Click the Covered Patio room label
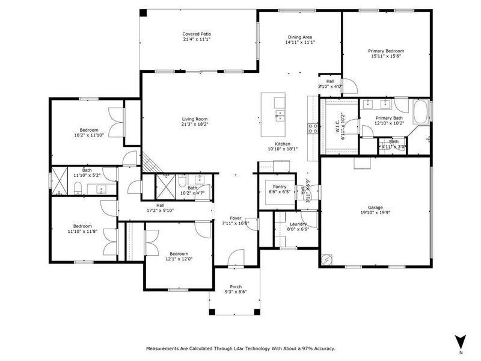click(x=197, y=34)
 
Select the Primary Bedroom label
click(x=385, y=51)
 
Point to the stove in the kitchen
click(x=313, y=128)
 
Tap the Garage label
click(x=375, y=206)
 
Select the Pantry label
click(x=279, y=187)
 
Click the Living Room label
click(x=195, y=119)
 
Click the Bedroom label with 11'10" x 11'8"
click(x=82, y=226)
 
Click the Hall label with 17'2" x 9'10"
click(x=161, y=205)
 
